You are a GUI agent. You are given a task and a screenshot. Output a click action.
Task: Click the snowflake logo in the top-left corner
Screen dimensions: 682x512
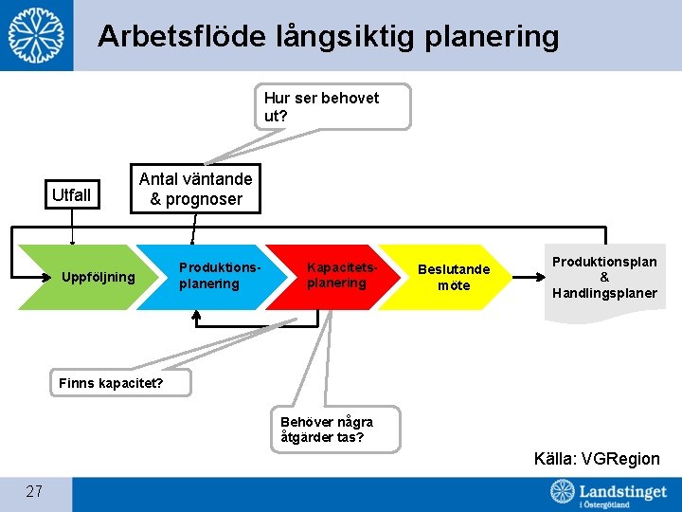(37, 35)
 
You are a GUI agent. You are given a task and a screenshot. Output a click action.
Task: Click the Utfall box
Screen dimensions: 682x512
(72, 195)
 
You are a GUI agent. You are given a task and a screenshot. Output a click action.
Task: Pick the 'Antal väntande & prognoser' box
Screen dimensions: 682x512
(195, 189)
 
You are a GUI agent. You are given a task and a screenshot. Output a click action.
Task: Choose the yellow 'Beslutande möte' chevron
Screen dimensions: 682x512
(453, 277)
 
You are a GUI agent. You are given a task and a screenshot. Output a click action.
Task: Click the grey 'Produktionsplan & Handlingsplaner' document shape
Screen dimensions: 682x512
(604, 278)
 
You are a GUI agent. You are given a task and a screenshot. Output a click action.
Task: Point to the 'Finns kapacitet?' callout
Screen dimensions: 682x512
(111, 383)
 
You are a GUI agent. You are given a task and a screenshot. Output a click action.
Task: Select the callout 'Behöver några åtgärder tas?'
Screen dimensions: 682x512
(335, 429)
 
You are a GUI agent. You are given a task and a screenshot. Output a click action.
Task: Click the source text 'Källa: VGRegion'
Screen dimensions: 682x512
(597, 459)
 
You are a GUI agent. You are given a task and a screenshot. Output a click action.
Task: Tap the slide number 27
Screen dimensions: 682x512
(34, 491)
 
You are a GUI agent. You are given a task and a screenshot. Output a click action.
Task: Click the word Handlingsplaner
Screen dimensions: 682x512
(604, 293)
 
